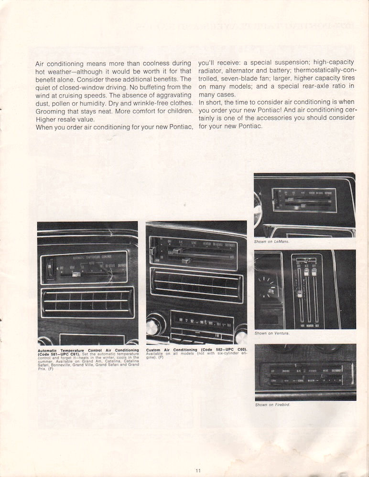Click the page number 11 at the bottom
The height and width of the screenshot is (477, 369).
[x=198, y=470]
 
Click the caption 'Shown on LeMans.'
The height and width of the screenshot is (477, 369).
[x=272, y=242]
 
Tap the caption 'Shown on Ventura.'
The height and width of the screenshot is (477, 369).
[x=272, y=333]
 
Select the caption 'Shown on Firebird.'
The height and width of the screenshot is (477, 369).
[x=273, y=405]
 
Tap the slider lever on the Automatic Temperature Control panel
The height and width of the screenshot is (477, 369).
[x=76, y=274]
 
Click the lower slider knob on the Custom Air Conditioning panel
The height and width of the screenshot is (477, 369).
[x=186, y=260]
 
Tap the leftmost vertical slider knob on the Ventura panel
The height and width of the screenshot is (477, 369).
[x=299, y=293]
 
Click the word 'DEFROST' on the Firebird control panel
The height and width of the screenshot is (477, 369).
[x=337, y=370]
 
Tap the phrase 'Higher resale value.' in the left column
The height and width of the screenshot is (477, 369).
[x=65, y=119]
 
